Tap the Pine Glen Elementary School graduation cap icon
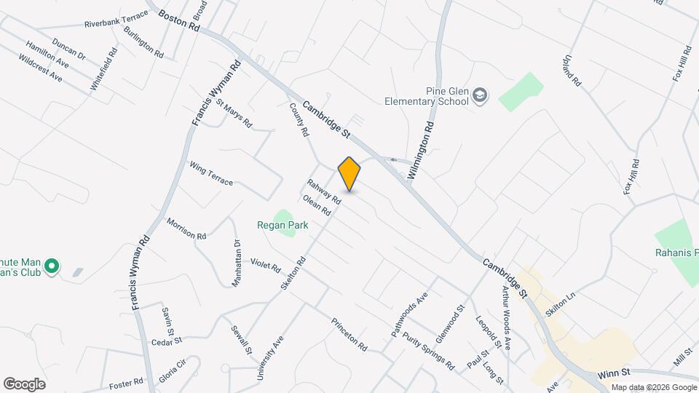[x=480, y=95]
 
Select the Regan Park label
[x=283, y=226]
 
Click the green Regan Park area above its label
[x=282, y=216]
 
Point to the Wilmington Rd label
[x=421, y=149]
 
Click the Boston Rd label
[x=178, y=20]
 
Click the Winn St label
[x=613, y=374]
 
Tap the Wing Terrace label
[x=211, y=173]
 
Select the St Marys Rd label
[x=233, y=116]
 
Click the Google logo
[x=24, y=384]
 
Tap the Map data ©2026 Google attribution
[x=652, y=387]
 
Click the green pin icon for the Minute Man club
[x=51, y=267]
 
